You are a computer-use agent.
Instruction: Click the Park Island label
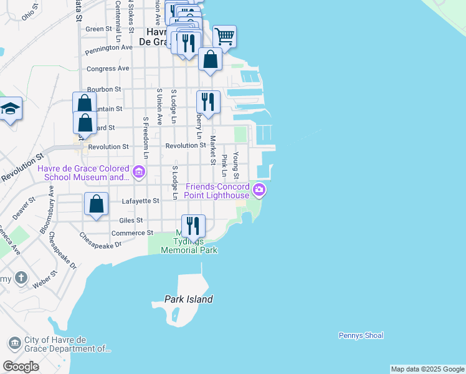(189, 299)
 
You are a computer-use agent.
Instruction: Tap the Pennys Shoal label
(361, 335)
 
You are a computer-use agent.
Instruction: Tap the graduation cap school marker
(10, 110)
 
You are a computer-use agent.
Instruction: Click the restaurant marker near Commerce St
(193, 225)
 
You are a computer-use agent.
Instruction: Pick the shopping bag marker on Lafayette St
(97, 203)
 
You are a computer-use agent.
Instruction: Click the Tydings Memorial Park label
(189, 246)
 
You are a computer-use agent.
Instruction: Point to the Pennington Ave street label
(109, 47)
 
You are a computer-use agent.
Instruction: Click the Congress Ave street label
(108, 69)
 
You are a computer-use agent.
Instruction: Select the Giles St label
(131, 220)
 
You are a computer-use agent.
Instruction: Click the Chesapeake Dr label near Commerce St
(100, 241)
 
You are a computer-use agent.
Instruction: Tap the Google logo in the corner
(21, 367)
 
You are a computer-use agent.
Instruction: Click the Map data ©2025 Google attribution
(427, 369)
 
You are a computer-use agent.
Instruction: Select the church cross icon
(21, 277)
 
